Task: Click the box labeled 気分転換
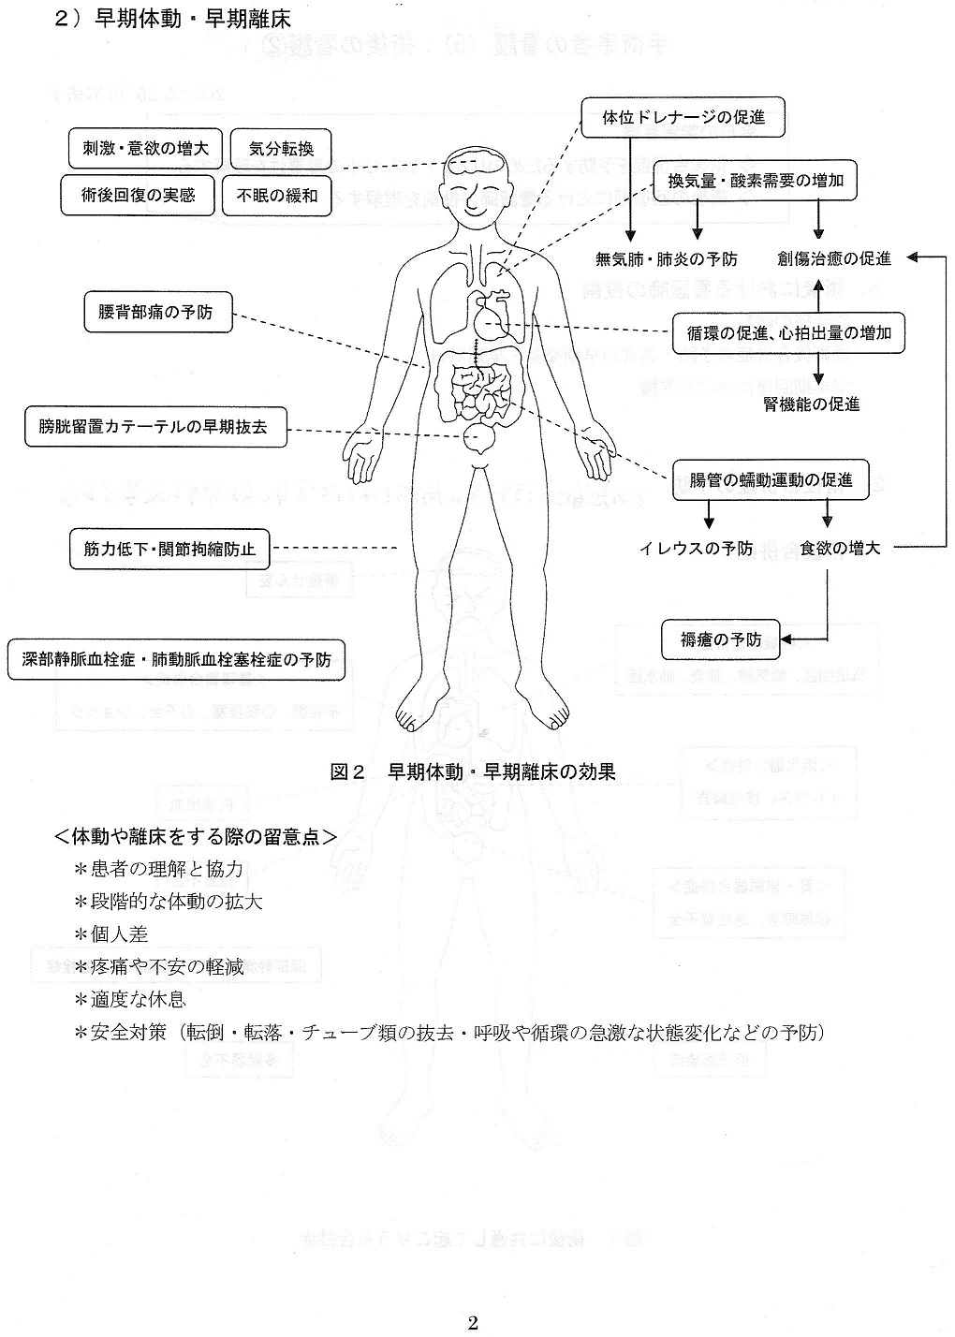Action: [280, 148]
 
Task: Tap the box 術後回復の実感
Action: [138, 196]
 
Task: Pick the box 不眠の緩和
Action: [276, 196]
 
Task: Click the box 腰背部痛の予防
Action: [154, 312]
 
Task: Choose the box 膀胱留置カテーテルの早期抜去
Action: [154, 426]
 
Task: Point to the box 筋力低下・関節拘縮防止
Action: [169, 548]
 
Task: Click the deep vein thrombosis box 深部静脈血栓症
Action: [175, 659]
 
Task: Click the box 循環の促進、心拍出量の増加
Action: [789, 332]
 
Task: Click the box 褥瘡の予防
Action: [720, 640]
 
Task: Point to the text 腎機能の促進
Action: [812, 404]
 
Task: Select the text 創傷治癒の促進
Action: [834, 258]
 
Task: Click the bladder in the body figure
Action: [481, 437]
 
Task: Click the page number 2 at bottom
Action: [473, 1297]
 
